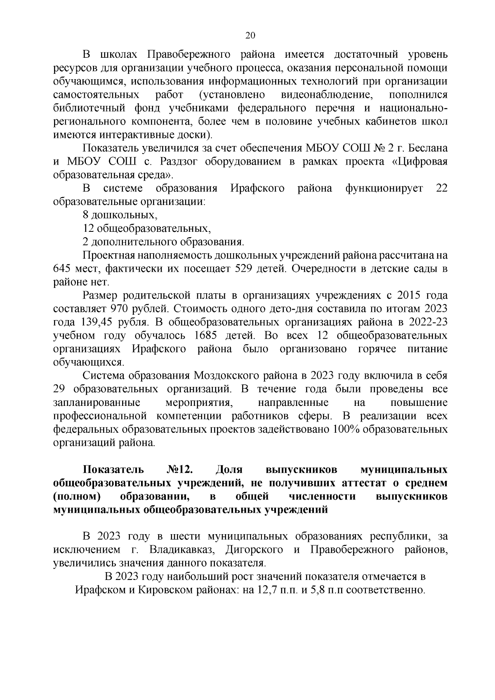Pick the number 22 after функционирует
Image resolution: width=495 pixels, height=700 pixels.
click(x=441, y=189)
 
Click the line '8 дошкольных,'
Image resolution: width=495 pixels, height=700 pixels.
click(x=120, y=215)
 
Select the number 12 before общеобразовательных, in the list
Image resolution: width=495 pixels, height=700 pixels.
click(x=89, y=229)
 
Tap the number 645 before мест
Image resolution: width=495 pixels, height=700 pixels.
click(x=63, y=269)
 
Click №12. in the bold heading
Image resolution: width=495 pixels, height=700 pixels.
click(x=180, y=470)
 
